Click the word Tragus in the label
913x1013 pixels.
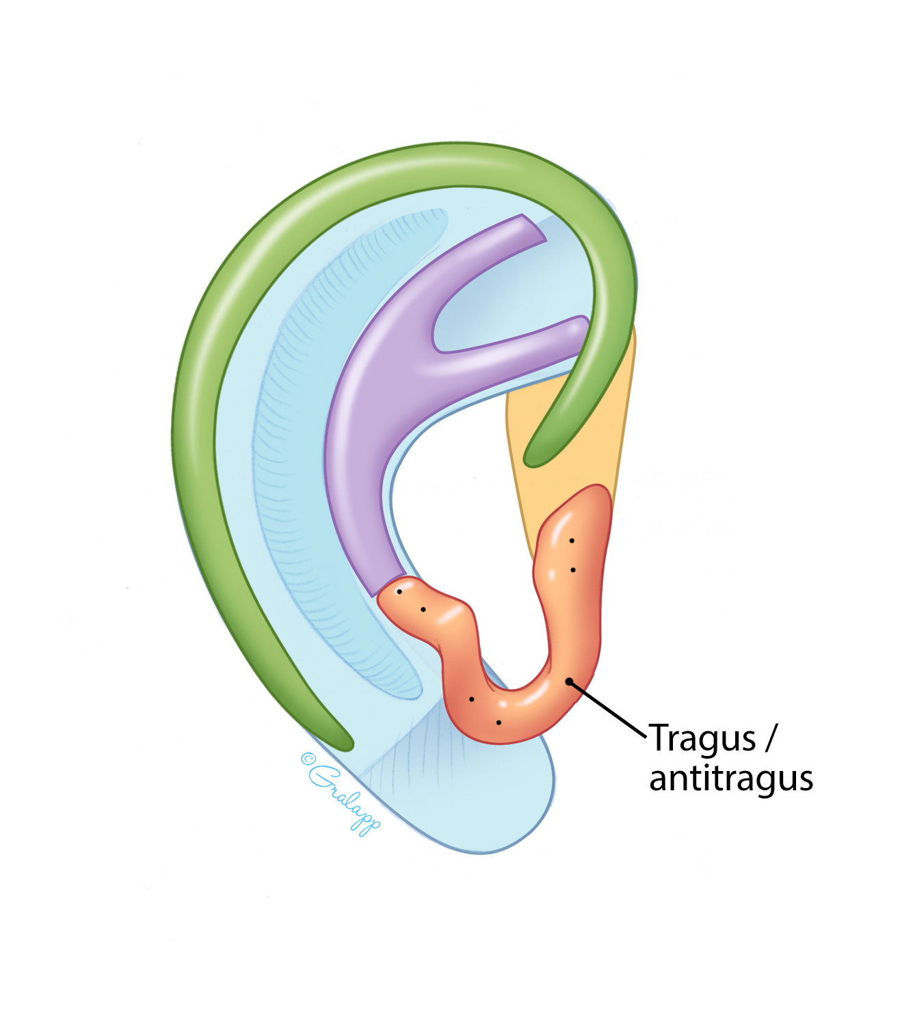pos(702,739)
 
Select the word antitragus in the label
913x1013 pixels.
pos(730,779)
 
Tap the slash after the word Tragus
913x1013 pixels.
pos(771,738)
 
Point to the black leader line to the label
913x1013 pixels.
pos(608,709)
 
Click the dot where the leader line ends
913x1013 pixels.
pos(569,681)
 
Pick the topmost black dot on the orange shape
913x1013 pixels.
pos(572,541)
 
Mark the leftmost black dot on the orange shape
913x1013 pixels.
pos(399,591)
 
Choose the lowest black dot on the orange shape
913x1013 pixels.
pos(499,722)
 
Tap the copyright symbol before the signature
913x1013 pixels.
pos(307,758)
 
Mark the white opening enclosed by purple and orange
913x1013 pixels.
pos(458,519)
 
